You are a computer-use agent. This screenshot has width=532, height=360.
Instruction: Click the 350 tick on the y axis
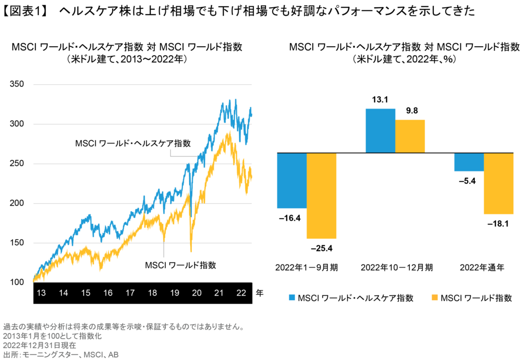[x=17, y=85]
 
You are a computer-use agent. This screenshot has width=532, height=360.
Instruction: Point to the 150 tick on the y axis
[x=17, y=243]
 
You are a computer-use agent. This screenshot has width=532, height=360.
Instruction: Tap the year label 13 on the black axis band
[x=41, y=293]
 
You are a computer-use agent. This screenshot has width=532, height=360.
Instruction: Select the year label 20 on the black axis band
[x=197, y=293]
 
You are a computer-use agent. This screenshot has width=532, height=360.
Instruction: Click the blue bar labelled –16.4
[x=291, y=180]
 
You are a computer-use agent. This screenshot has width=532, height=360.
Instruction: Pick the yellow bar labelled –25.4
[x=322, y=195]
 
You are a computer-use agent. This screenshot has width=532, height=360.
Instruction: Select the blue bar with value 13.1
[x=380, y=131]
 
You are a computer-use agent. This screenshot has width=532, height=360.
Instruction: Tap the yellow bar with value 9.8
[x=410, y=136]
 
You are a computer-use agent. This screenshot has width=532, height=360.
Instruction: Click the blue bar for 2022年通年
[x=469, y=162]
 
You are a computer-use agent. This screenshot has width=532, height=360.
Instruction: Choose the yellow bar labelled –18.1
[x=499, y=183]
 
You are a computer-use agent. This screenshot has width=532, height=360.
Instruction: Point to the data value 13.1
[x=380, y=100]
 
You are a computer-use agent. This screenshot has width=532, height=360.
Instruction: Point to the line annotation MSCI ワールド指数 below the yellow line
[x=180, y=264]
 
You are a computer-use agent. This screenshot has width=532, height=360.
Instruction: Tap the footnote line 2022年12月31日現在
[x=39, y=345]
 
